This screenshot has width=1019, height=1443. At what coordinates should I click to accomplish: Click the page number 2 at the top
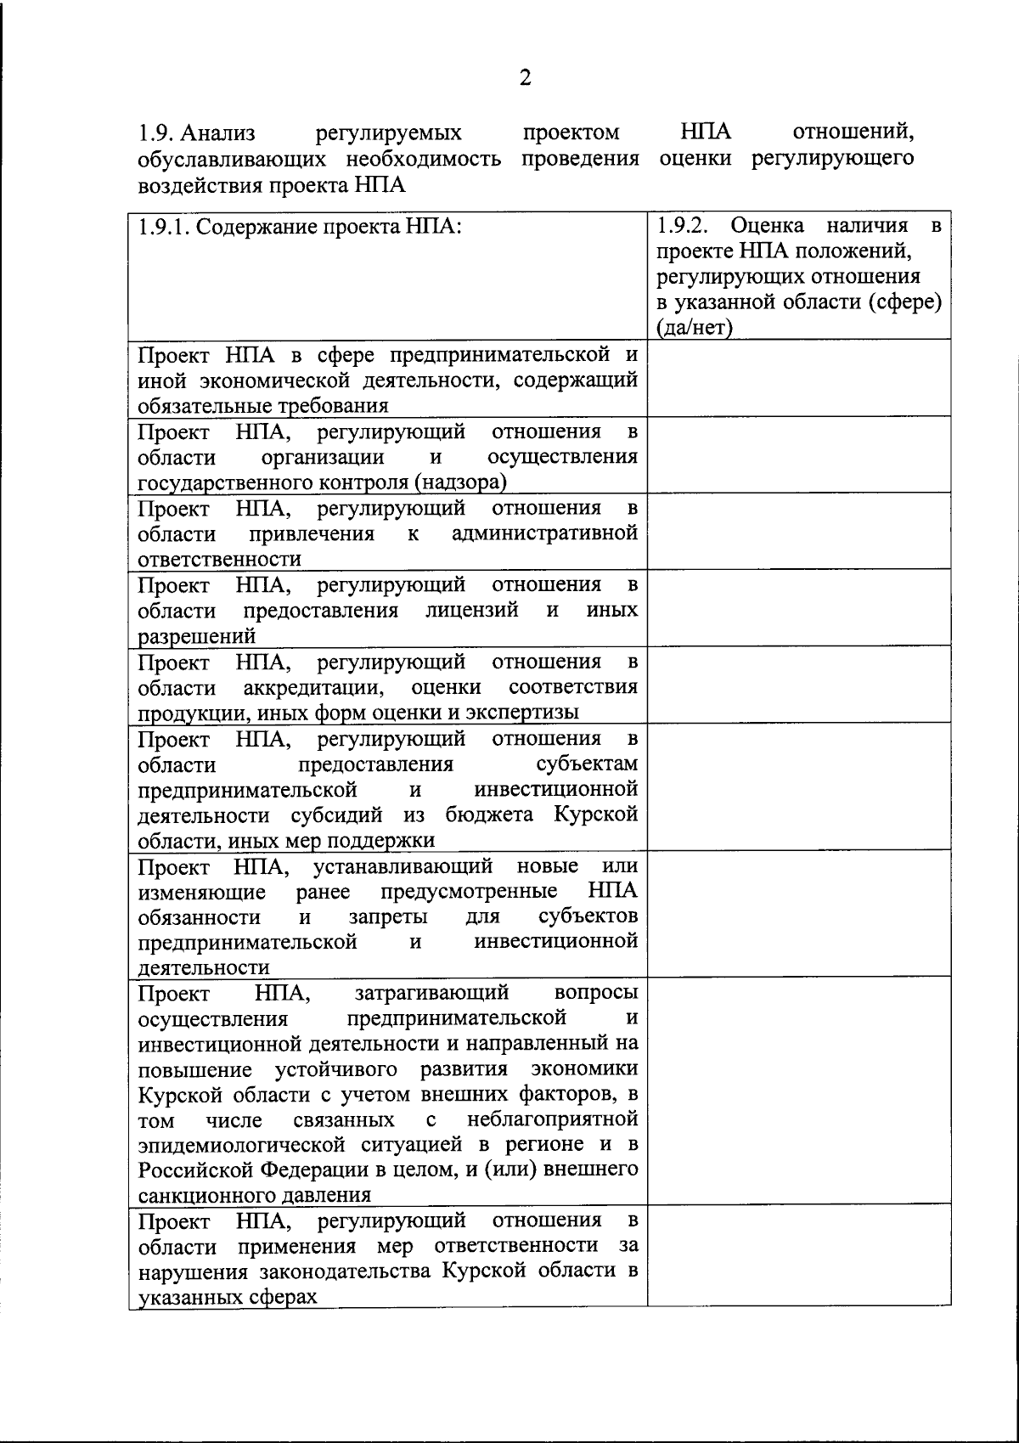click(525, 79)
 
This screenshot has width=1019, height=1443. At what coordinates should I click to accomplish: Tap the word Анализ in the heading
click(218, 133)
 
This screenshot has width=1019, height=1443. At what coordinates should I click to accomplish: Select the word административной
click(544, 534)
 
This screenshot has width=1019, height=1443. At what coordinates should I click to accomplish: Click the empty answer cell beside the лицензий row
click(798, 609)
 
